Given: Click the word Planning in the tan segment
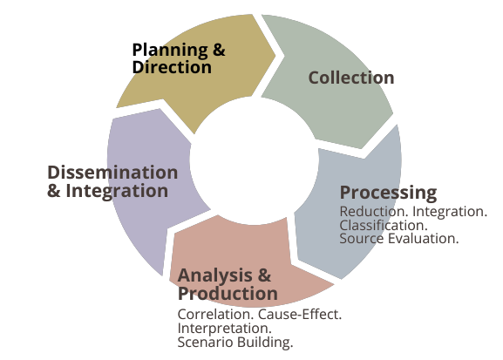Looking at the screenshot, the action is click(170, 51).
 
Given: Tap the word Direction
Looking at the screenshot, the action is click(172, 67).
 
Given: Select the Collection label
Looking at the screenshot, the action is click(351, 78).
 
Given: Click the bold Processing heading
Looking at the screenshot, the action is click(388, 194).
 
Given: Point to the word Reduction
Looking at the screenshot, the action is click(374, 212).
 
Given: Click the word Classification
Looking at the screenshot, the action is click(384, 225).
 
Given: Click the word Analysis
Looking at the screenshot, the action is click(215, 275).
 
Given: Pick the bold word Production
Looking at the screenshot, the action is click(228, 293).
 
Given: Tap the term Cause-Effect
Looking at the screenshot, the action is click(300, 315).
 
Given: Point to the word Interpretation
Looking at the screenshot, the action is click(225, 329).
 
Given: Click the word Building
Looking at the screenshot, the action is click(265, 343).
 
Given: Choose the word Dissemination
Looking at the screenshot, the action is click(112, 173).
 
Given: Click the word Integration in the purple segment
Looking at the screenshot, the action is click(117, 191).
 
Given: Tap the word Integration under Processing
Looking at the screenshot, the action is click(450, 212).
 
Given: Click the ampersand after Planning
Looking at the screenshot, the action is click(219, 51).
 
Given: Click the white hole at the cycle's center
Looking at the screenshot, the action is click(254, 160).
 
